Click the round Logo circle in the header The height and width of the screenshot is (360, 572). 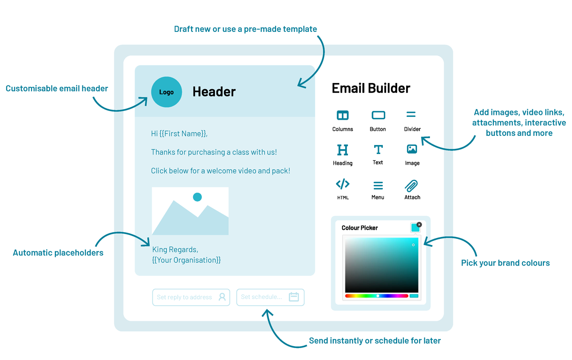pyautogui.click(x=166, y=92)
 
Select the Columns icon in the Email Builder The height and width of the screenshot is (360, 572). pyautogui.click(x=342, y=115)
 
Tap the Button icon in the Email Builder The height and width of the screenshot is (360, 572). pyautogui.click(x=378, y=115)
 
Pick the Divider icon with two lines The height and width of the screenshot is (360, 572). pyautogui.click(x=411, y=114)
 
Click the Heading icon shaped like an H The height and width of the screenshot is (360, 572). pyautogui.click(x=342, y=150)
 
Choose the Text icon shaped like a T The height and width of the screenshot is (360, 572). pyautogui.click(x=378, y=149)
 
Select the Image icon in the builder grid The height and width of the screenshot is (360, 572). pyautogui.click(x=412, y=149)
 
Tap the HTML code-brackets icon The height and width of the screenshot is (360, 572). pyautogui.click(x=342, y=184)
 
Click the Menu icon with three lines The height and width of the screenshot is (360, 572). pyautogui.click(x=378, y=185)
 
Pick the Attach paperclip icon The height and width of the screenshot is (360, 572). pyautogui.click(x=411, y=186)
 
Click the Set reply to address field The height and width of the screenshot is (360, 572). pyautogui.click(x=191, y=297)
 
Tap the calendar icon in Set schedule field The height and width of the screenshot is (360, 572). pyautogui.click(x=294, y=297)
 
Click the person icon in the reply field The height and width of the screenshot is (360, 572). pyautogui.click(x=222, y=297)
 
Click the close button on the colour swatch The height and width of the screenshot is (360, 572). pyautogui.click(x=419, y=225)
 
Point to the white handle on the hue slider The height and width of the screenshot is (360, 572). pyautogui.click(x=378, y=296)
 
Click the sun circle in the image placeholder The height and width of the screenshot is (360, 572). pyautogui.click(x=197, y=197)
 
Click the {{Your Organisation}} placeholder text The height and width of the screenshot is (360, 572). pyautogui.click(x=186, y=260)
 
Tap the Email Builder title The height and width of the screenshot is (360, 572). pyautogui.click(x=371, y=88)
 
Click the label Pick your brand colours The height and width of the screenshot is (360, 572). pyautogui.click(x=505, y=263)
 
